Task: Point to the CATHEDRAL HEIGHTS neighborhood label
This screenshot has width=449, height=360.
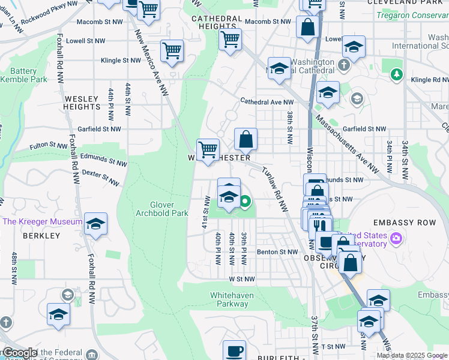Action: pos(213,23)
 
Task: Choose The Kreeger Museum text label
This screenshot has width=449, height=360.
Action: pos(42,221)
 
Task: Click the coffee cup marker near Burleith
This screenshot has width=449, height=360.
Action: pos(234,350)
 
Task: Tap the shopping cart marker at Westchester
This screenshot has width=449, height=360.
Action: pos(208,149)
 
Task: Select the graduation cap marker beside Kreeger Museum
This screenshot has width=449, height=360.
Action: pos(96,224)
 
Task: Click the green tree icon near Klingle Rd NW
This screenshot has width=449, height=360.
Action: pos(396,74)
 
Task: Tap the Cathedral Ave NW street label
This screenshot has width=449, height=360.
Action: pos(267,102)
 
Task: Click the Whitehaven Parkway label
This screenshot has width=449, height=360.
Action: pos(232,299)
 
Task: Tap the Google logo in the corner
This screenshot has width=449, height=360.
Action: pos(19,353)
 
